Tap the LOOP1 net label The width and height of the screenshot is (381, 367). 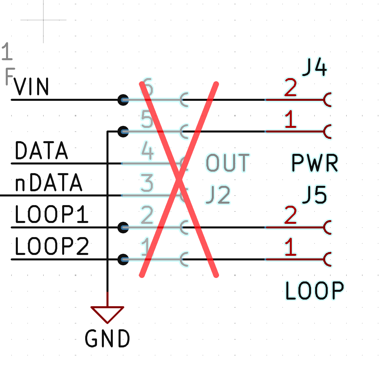tap(52, 214)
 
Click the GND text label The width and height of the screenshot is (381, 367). tap(107, 338)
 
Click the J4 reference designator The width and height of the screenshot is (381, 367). tap(315, 67)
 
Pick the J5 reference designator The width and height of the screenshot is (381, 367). tap(315, 195)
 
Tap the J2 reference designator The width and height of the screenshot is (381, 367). tap(218, 195)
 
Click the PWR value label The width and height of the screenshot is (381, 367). tap(315, 163)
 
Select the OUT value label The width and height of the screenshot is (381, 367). tap(227, 163)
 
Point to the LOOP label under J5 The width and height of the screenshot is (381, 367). tap(315, 291)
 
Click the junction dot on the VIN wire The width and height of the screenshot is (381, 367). tap(123, 100)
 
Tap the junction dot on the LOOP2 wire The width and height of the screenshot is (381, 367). tap(123, 260)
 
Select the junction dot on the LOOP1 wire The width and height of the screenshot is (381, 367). tap(123, 228)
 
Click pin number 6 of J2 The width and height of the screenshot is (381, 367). tap(147, 87)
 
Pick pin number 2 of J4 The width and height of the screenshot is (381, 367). tap(290, 88)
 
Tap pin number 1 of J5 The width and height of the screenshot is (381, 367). tap(290, 247)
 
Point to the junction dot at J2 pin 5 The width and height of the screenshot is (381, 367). tap(123, 132)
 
